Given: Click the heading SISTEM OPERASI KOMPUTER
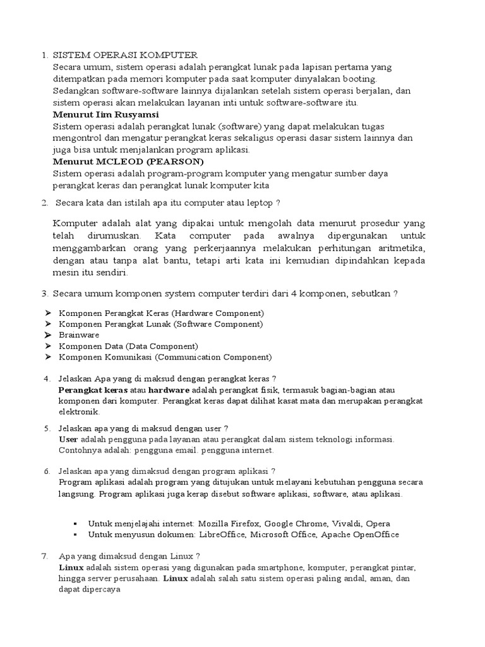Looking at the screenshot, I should point(125,56).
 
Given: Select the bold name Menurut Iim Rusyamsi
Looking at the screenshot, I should point(106,114).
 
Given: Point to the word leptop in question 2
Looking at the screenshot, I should point(259,203).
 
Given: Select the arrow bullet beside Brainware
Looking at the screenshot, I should point(49,336).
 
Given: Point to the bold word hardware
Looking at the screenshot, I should point(169,390).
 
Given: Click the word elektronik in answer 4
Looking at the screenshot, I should point(79,412).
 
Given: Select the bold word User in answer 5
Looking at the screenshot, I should point(68,439).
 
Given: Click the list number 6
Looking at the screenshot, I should point(46,471).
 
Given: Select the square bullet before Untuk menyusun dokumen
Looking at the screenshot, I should point(75,535).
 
